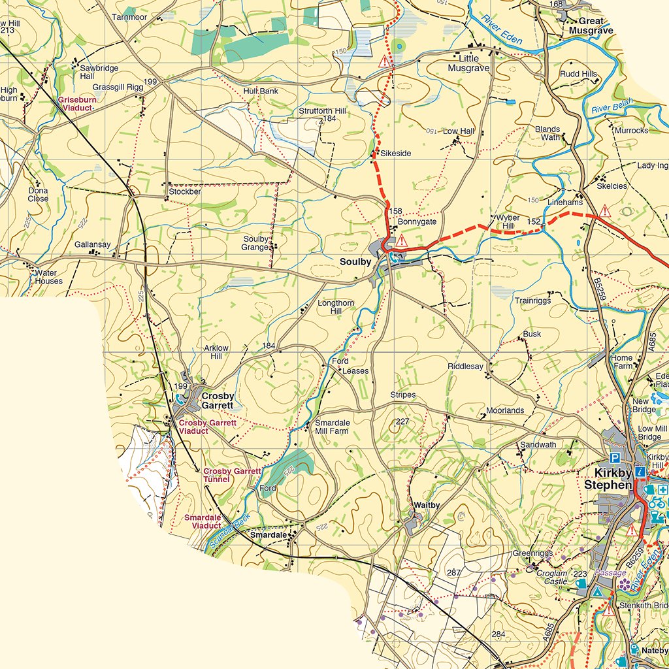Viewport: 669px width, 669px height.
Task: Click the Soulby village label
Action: coord(355,262)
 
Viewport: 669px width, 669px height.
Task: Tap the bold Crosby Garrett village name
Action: coord(218,400)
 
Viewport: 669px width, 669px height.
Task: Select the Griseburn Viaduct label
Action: coord(76,104)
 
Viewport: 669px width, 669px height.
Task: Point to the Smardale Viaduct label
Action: coord(203,522)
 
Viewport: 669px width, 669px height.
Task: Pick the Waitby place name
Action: coord(427,505)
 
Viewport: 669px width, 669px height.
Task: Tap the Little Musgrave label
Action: coord(468,63)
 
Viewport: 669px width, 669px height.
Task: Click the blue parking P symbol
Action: coord(614,457)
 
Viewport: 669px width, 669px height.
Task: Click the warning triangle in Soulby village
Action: coord(402,242)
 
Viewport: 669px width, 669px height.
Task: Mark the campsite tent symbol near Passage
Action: coord(598,592)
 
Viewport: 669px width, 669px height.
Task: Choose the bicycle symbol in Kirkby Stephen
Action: coord(656,503)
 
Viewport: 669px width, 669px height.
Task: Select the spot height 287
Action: coord(454,573)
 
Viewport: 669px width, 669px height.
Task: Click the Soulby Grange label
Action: coord(255,243)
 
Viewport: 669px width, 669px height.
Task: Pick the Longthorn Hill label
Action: coord(336,307)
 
